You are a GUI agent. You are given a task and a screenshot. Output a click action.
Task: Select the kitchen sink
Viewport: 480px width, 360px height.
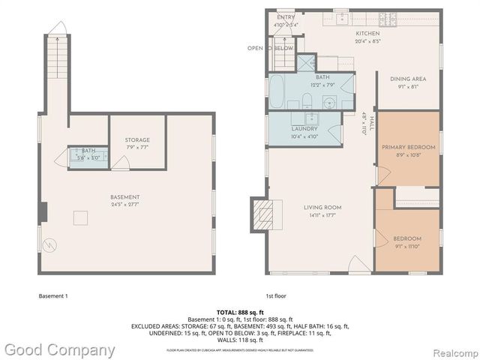point(341,18)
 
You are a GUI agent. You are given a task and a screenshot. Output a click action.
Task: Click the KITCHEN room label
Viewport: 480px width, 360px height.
point(367,34)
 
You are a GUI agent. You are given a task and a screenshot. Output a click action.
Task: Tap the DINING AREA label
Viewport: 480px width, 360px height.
point(407,79)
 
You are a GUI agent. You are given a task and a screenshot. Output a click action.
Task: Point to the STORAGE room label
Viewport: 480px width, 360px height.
point(137,139)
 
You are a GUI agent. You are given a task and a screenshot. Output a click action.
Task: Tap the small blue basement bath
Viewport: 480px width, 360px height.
point(88,157)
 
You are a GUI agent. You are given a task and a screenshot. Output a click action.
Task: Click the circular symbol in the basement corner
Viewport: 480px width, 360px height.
point(49,244)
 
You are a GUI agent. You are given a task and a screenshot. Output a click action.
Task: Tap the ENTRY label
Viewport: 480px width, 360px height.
point(286,17)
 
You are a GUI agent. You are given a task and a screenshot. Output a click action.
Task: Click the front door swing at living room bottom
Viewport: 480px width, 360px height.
point(360,263)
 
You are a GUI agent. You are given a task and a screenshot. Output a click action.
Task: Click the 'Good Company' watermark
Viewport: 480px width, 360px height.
point(58,349)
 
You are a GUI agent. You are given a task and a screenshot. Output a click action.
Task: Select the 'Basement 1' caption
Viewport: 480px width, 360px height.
point(52,295)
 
